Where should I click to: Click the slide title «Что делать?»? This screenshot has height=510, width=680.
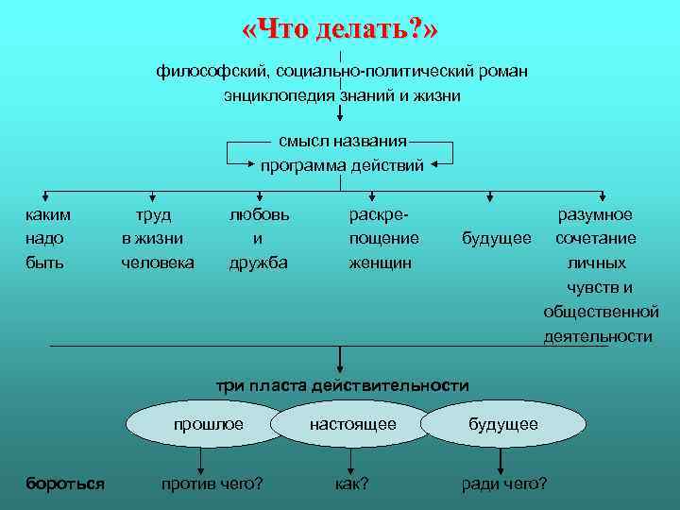tap(340, 31)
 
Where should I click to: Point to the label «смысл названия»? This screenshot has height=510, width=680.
tap(342, 141)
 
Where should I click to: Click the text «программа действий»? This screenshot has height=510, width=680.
tap(342, 165)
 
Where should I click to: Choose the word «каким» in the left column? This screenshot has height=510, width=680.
tap(47, 214)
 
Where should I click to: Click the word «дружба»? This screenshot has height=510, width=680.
tap(259, 263)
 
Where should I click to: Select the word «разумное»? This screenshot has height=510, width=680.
tap(596, 214)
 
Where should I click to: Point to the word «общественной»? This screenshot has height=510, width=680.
tap(601, 312)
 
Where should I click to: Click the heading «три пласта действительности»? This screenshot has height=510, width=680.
tap(343, 385)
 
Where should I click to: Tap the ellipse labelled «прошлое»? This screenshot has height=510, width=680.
tap(208, 425)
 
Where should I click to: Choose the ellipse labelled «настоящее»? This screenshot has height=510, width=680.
tap(353, 425)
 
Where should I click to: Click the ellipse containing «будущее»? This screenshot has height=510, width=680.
tap(503, 425)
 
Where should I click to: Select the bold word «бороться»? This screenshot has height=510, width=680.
tap(64, 484)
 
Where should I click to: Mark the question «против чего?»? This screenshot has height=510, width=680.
tap(212, 484)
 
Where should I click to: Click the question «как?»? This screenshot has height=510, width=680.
tap(351, 484)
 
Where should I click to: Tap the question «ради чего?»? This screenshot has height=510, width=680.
tap(503, 484)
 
